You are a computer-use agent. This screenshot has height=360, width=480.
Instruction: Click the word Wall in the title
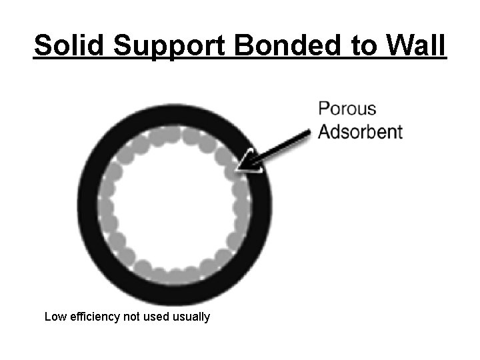tap(413, 46)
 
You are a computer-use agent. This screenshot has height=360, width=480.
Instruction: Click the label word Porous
tap(347, 109)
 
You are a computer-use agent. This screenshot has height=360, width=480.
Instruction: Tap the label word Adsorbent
tap(361, 131)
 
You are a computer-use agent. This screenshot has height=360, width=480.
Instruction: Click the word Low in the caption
tap(55, 317)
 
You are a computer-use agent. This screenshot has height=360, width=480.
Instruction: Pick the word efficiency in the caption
tap(94, 317)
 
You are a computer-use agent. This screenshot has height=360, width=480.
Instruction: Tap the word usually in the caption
tap(191, 317)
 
